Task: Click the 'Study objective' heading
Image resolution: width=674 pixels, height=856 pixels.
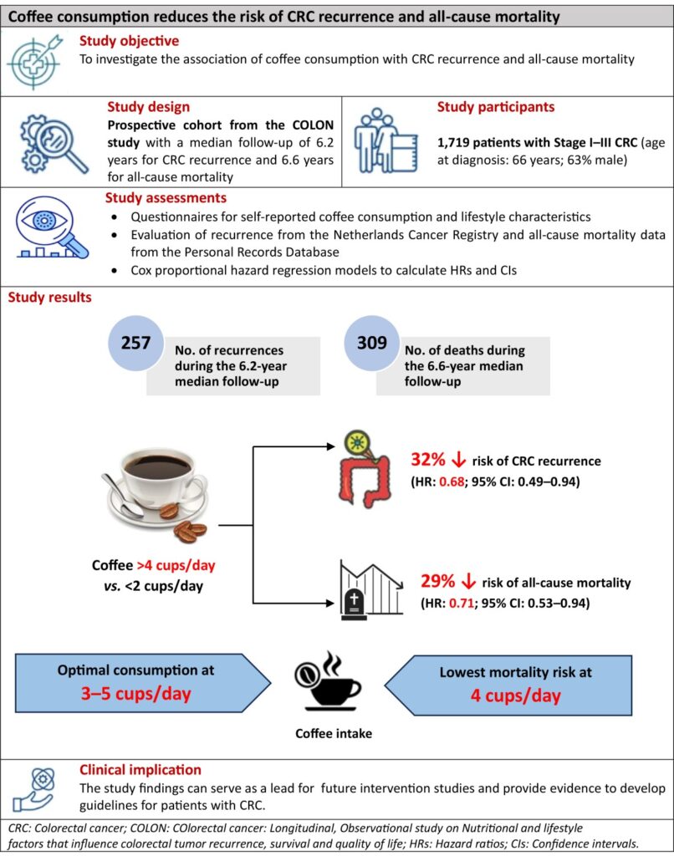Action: pos(129,40)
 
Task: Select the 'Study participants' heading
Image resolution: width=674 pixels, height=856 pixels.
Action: pos(496,108)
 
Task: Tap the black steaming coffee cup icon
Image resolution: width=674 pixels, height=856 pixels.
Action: pos(331,682)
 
